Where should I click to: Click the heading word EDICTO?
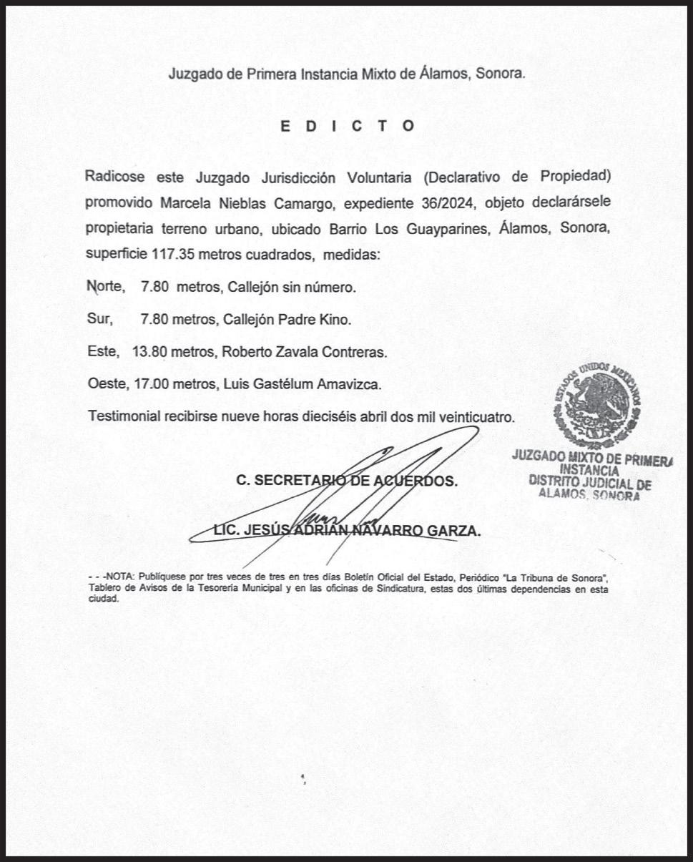[x=347, y=126]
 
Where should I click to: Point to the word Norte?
[x=105, y=287]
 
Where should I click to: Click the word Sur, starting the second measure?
[x=99, y=319]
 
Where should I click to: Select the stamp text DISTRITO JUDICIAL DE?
[x=590, y=483]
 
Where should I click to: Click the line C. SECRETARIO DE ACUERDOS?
[x=347, y=481]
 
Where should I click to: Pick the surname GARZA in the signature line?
[x=453, y=530]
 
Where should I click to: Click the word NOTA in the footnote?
[x=121, y=576]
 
